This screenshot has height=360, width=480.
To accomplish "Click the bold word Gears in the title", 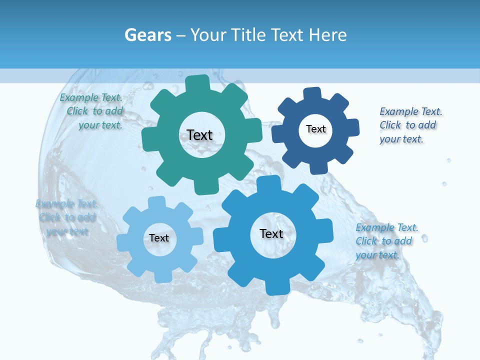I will (x=148, y=35).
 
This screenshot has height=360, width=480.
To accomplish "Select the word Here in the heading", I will (x=327, y=35).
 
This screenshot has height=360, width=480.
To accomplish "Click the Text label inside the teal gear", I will (x=199, y=135).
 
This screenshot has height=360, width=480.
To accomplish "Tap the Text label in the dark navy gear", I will (x=315, y=129).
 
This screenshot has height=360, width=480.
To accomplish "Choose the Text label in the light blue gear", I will (x=159, y=238).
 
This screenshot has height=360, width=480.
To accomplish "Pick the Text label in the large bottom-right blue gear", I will (x=271, y=233).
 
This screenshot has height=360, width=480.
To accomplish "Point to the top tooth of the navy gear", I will (x=312, y=94).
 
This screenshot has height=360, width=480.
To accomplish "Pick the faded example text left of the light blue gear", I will (x=66, y=217).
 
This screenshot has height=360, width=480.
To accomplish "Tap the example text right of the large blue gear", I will (x=386, y=241).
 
